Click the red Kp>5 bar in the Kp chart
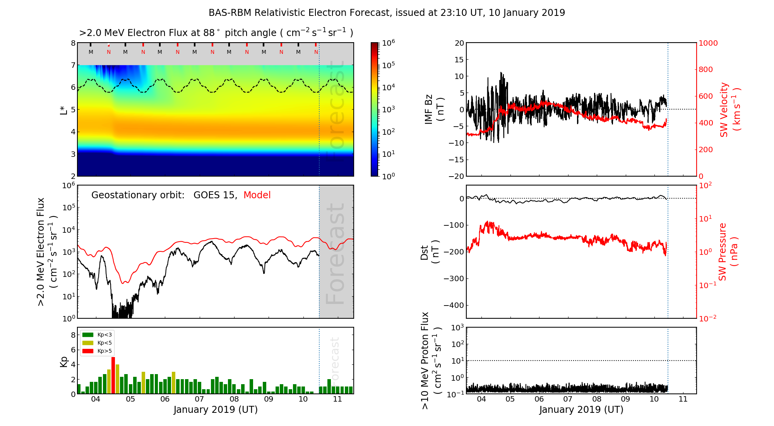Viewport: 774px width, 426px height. tap(113, 375)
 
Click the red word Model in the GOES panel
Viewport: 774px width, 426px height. tap(257, 195)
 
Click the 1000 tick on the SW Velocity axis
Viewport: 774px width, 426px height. tap(708, 43)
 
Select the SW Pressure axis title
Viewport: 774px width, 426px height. tap(728, 252)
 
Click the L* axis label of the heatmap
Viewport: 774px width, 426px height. tap(63, 109)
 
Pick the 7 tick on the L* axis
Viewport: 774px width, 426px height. tap(73, 65)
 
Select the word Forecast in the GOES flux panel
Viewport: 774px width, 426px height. tap(335, 254)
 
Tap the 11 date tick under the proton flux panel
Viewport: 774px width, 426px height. tap(683, 399)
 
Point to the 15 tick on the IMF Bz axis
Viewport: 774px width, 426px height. tap(459, 60)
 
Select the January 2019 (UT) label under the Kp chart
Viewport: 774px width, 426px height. tap(216, 410)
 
